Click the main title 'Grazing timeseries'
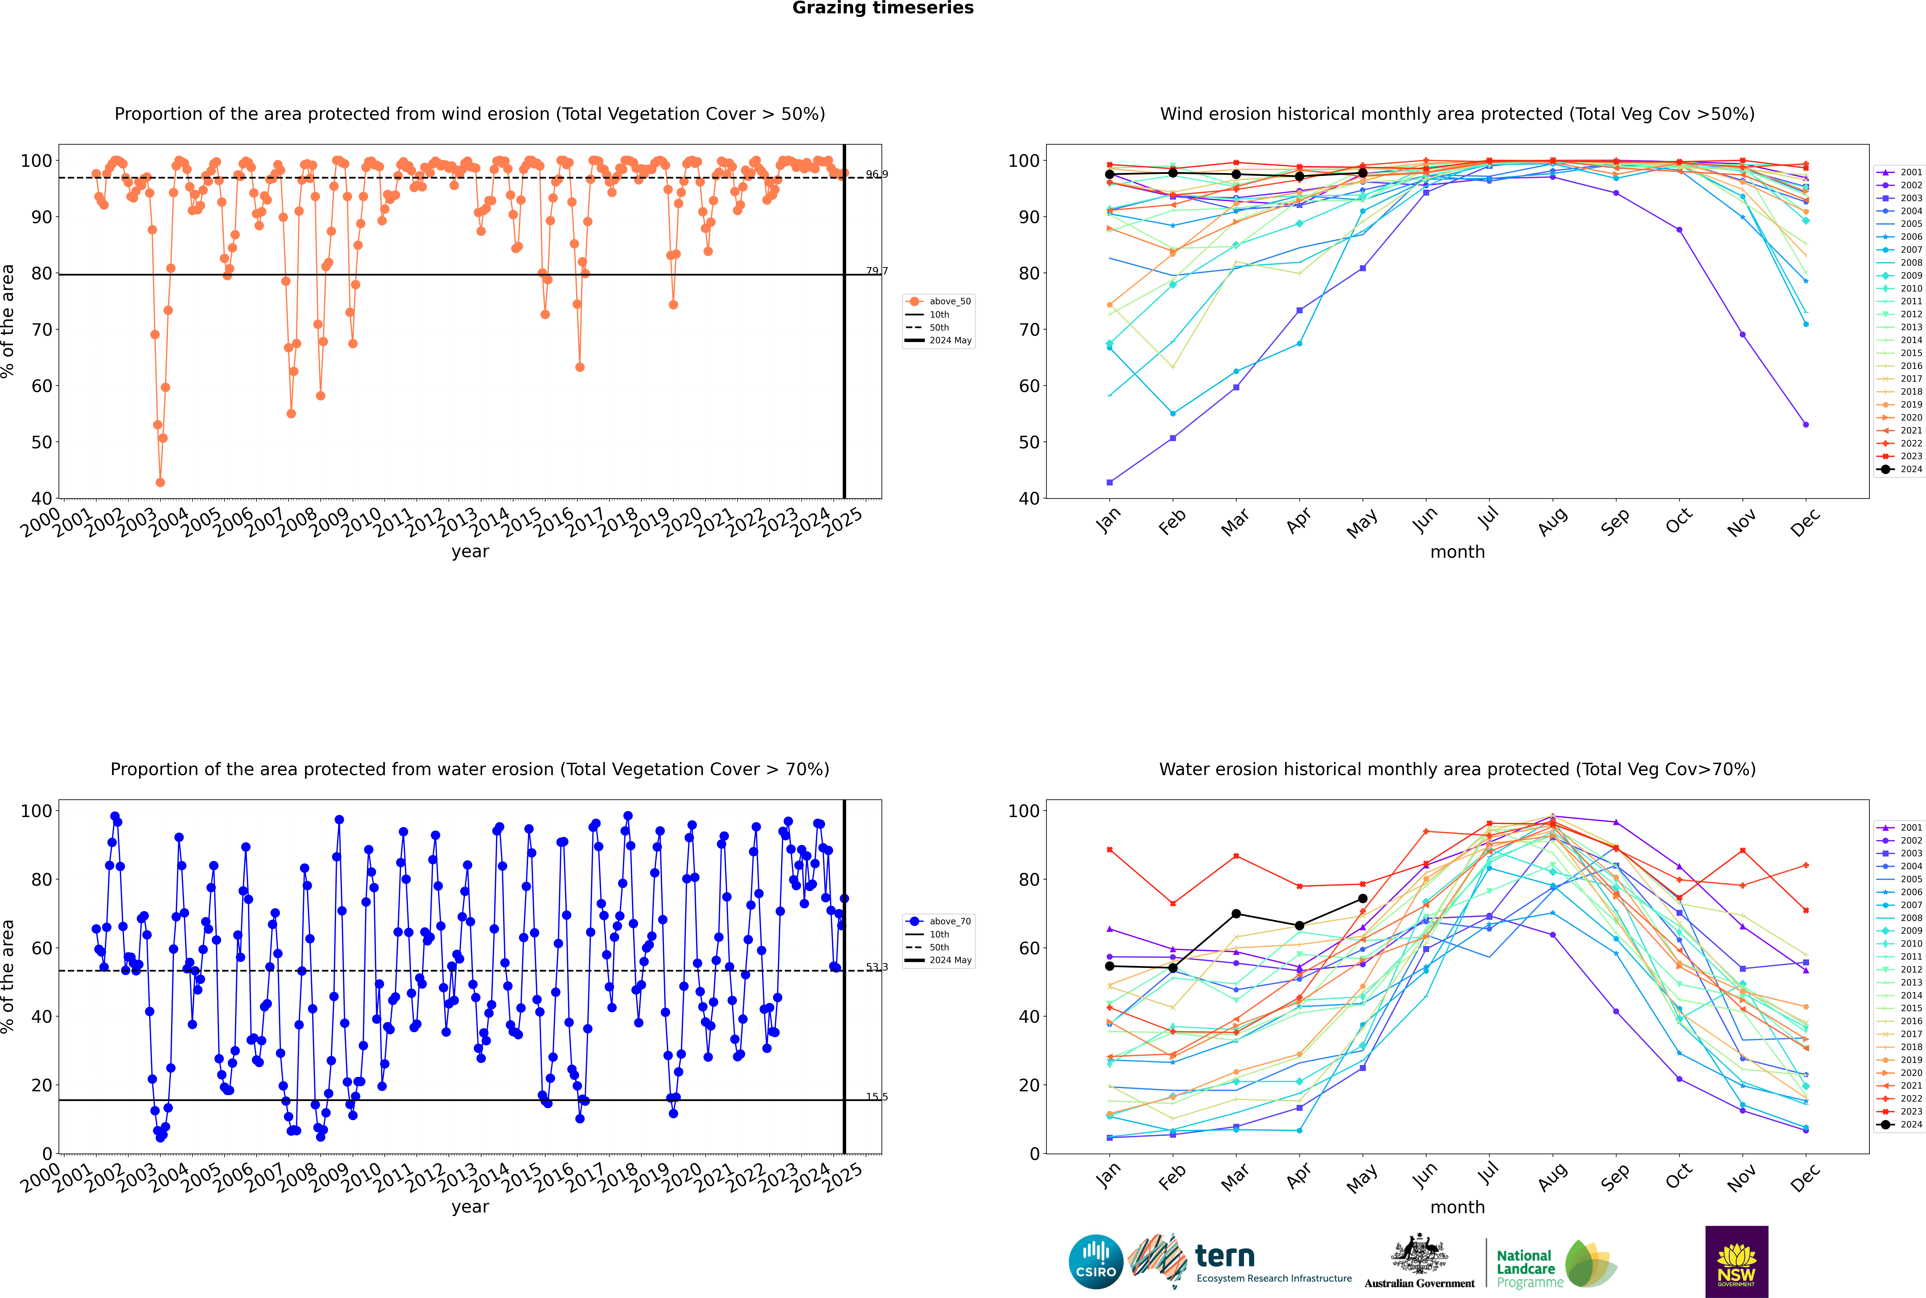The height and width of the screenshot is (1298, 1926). (x=883, y=8)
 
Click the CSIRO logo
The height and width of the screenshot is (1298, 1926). (x=1095, y=1262)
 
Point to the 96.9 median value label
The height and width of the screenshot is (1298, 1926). (x=877, y=175)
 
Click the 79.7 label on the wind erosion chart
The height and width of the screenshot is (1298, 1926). (x=877, y=271)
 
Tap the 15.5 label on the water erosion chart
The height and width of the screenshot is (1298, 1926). (x=877, y=1097)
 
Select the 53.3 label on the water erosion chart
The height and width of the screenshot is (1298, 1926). (x=877, y=967)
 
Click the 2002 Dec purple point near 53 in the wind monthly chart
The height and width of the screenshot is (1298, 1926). (x=1805, y=425)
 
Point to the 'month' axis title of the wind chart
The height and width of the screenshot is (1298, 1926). (x=1457, y=552)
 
